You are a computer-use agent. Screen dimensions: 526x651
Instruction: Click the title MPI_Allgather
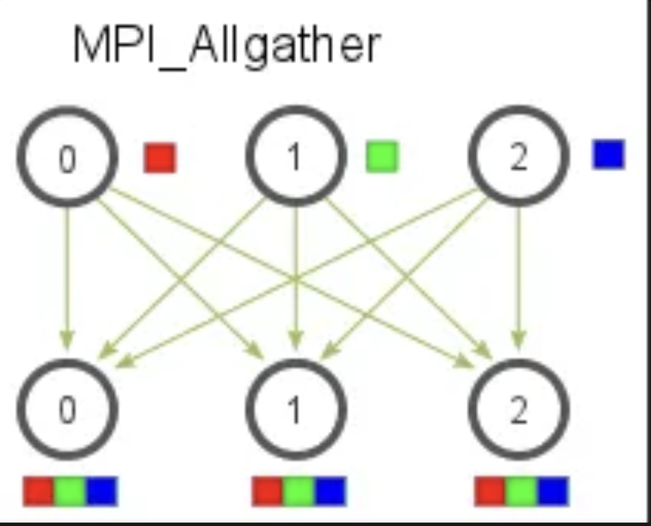[226, 45]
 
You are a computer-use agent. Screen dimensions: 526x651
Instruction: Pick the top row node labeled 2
[518, 157]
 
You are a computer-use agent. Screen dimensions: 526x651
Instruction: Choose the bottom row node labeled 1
[295, 410]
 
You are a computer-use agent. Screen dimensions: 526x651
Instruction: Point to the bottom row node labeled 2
[518, 410]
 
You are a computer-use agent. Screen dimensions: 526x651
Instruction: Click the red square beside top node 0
[160, 157]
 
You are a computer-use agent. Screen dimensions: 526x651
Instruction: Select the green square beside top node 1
[382, 157]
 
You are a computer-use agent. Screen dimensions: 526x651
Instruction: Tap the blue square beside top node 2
[608, 154]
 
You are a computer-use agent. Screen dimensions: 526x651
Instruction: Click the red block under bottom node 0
[38, 491]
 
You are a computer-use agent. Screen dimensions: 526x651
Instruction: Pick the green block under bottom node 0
[70, 491]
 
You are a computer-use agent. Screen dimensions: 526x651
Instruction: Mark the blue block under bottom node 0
[102, 491]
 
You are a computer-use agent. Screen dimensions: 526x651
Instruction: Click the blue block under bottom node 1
[330, 491]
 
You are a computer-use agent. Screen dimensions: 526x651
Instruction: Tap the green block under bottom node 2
[522, 491]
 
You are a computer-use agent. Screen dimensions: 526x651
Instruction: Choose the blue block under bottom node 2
[553, 491]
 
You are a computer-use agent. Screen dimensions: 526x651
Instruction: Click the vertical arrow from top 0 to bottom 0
[67, 275]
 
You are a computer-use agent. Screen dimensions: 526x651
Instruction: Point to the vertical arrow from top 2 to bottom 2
[519, 275]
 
